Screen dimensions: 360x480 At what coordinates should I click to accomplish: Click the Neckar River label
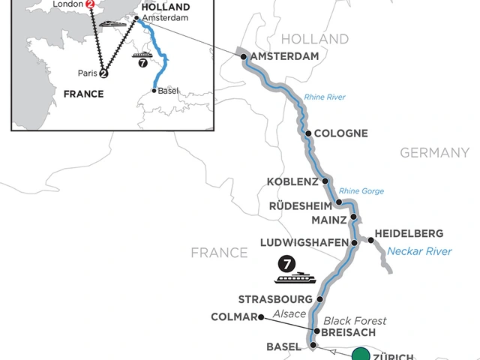(419, 251)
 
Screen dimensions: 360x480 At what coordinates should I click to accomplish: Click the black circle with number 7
(286, 263)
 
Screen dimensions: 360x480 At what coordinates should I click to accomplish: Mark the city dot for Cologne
(308, 133)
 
